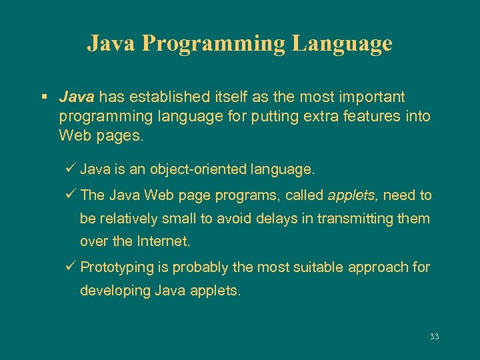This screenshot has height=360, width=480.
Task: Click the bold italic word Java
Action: (77, 97)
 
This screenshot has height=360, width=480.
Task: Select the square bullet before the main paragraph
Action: (43, 97)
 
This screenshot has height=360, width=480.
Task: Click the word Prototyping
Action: (117, 267)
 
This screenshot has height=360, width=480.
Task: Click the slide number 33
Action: (435, 337)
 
